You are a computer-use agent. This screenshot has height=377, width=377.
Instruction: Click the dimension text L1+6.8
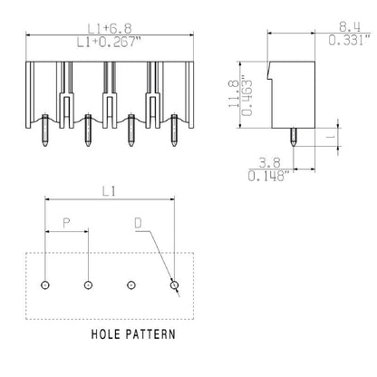pyautogui.click(x=108, y=27)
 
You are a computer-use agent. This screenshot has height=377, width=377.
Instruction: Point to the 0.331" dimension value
pyautogui.click(x=348, y=41)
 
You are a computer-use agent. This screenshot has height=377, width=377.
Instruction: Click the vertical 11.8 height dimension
pyautogui.click(x=233, y=92)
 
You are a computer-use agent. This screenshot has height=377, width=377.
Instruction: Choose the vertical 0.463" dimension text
pyautogui.click(x=247, y=92)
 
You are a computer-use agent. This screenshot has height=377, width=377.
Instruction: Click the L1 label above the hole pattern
pyautogui.click(x=109, y=192)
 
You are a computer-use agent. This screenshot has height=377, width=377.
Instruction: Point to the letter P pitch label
pyautogui.click(x=66, y=223)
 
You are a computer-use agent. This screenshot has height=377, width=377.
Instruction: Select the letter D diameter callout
pyautogui.click(x=138, y=223)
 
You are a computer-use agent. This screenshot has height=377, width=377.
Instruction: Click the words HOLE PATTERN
pyautogui.click(x=133, y=333)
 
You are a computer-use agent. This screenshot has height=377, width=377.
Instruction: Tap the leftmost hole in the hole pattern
pyautogui.click(x=45, y=285)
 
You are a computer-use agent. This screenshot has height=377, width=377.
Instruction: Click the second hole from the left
pyautogui.click(x=88, y=285)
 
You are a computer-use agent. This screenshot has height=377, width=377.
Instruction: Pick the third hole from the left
pyautogui.click(x=131, y=285)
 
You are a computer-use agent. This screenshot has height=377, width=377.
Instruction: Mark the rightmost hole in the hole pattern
pyautogui.click(x=175, y=285)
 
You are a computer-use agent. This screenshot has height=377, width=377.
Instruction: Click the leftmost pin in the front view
pyautogui.click(x=45, y=131)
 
